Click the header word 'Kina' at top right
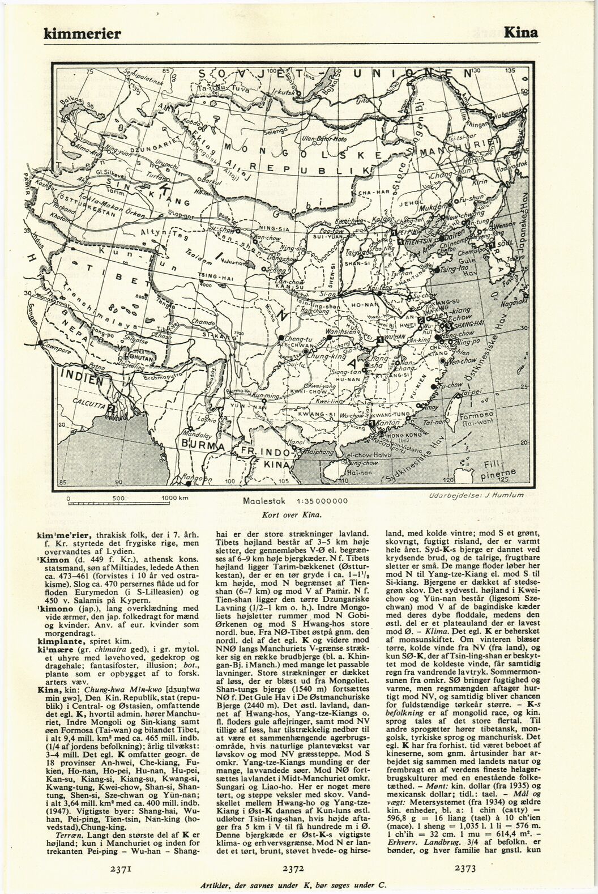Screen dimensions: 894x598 point(520,32)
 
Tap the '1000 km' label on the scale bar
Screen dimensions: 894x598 point(173,497)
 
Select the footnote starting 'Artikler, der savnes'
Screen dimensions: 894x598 point(299,885)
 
